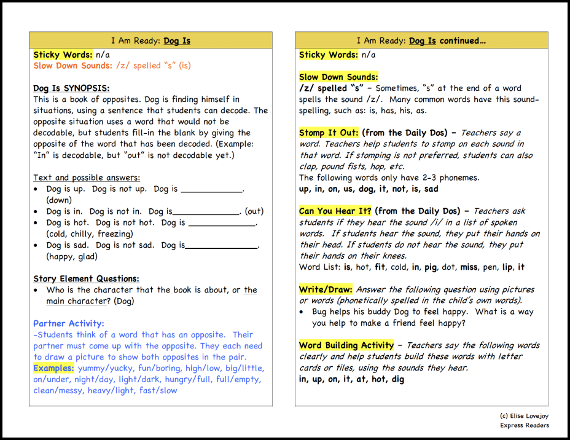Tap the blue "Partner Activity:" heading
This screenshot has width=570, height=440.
click(69, 323)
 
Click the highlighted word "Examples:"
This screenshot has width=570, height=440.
click(54, 368)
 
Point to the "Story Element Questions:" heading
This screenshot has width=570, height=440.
click(86, 278)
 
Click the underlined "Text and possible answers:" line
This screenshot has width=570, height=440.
click(87, 178)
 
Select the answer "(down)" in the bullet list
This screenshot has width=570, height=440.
click(60, 200)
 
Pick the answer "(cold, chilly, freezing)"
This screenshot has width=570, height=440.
click(89, 234)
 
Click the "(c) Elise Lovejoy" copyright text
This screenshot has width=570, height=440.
click(524, 416)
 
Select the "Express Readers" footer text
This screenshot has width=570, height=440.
click(524, 425)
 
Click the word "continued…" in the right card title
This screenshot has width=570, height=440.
click(464, 41)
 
